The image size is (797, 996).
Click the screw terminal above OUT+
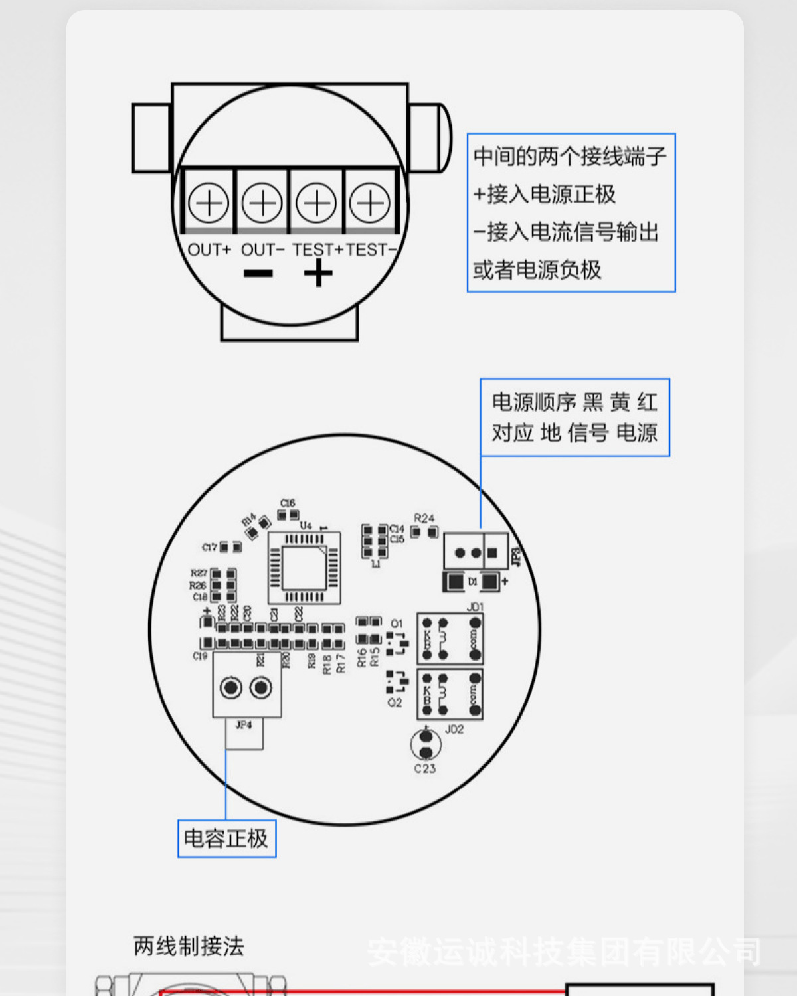[x=209, y=203]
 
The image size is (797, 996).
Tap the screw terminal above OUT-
[x=262, y=203]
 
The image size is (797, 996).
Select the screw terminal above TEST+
[x=316, y=203]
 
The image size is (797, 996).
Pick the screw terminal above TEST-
[x=370, y=203]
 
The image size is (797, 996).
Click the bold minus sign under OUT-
[x=258, y=274]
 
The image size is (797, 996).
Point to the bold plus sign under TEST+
[x=318, y=273]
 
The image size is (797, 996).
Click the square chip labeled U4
[x=305, y=568]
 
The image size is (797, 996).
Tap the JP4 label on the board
[x=244, y=725]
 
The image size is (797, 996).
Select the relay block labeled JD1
[x=450, y=639]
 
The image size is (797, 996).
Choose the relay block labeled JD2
[x=450, y=695]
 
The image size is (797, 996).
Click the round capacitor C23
[x=426, y=744]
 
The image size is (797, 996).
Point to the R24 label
[x=424, y=518]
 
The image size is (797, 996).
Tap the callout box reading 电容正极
[x=226, y=839]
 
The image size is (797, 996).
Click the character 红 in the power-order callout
[x=647, y=402]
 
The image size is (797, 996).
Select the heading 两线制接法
[x=189, y=946]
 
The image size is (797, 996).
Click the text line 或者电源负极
[x=537, y=270]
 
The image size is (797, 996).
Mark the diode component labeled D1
[x=472, y=582]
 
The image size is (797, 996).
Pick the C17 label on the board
[x=209, y=547]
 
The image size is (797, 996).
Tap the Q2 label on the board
[x=395, y=703]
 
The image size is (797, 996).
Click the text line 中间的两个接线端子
[x=570, y=157]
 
